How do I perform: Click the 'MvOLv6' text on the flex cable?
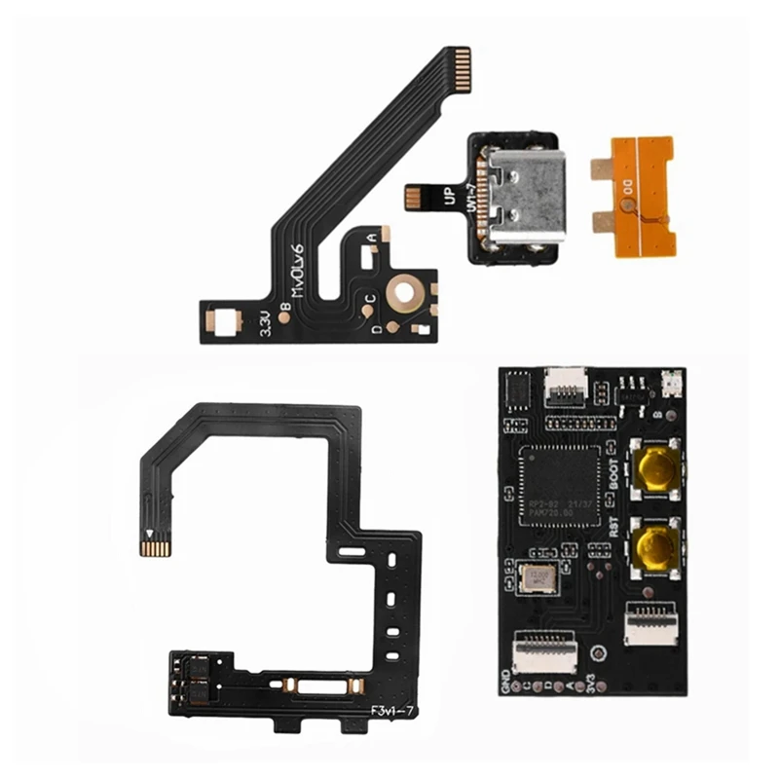coord(297,272)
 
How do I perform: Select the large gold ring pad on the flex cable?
coord(402,289)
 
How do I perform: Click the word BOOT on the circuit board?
coord(613,476)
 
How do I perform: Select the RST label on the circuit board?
coord(614,527)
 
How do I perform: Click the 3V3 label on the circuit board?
coord(593,680)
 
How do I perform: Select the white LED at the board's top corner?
coord(667,383)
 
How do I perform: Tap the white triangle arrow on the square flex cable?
coord(149,534)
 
